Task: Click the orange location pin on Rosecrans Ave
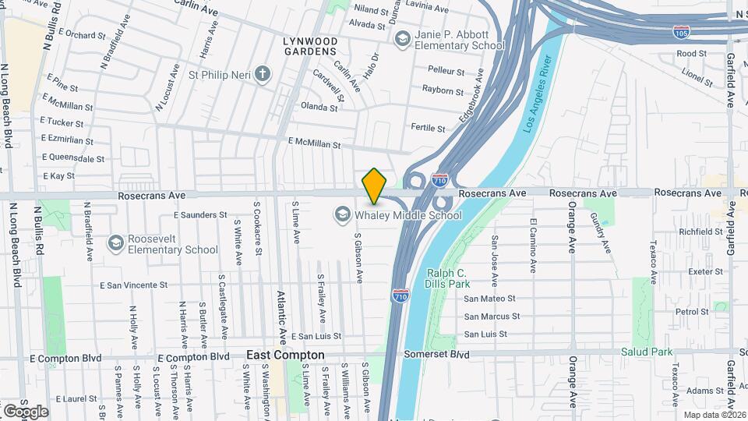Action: pos(375,186)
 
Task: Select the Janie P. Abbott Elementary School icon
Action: pos(403,39)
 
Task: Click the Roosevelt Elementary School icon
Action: pos(116,244)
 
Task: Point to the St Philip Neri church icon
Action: pos(263,75)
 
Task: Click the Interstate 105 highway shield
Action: pos(680,33)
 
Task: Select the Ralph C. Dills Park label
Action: pos(446,278)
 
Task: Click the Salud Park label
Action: pos(646,352)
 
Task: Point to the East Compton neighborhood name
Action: pos(285,355)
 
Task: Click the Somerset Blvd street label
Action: pos(437,353)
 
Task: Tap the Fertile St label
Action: pos(428,129)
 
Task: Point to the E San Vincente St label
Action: pos(135,286)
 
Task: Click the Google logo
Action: pos(26,412)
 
